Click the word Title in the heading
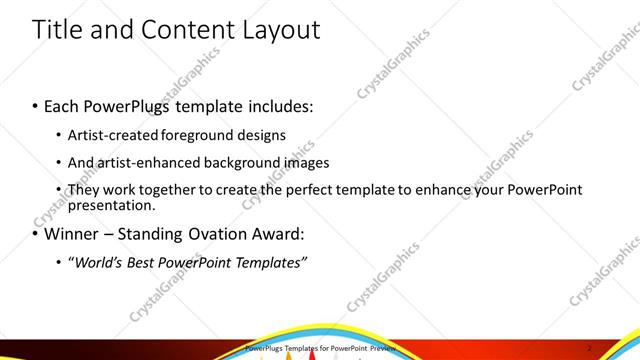click(57, 29)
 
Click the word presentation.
click(112, 205)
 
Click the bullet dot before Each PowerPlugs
click(36, 105)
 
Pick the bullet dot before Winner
click(36, 236)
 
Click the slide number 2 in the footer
click(591, 348)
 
